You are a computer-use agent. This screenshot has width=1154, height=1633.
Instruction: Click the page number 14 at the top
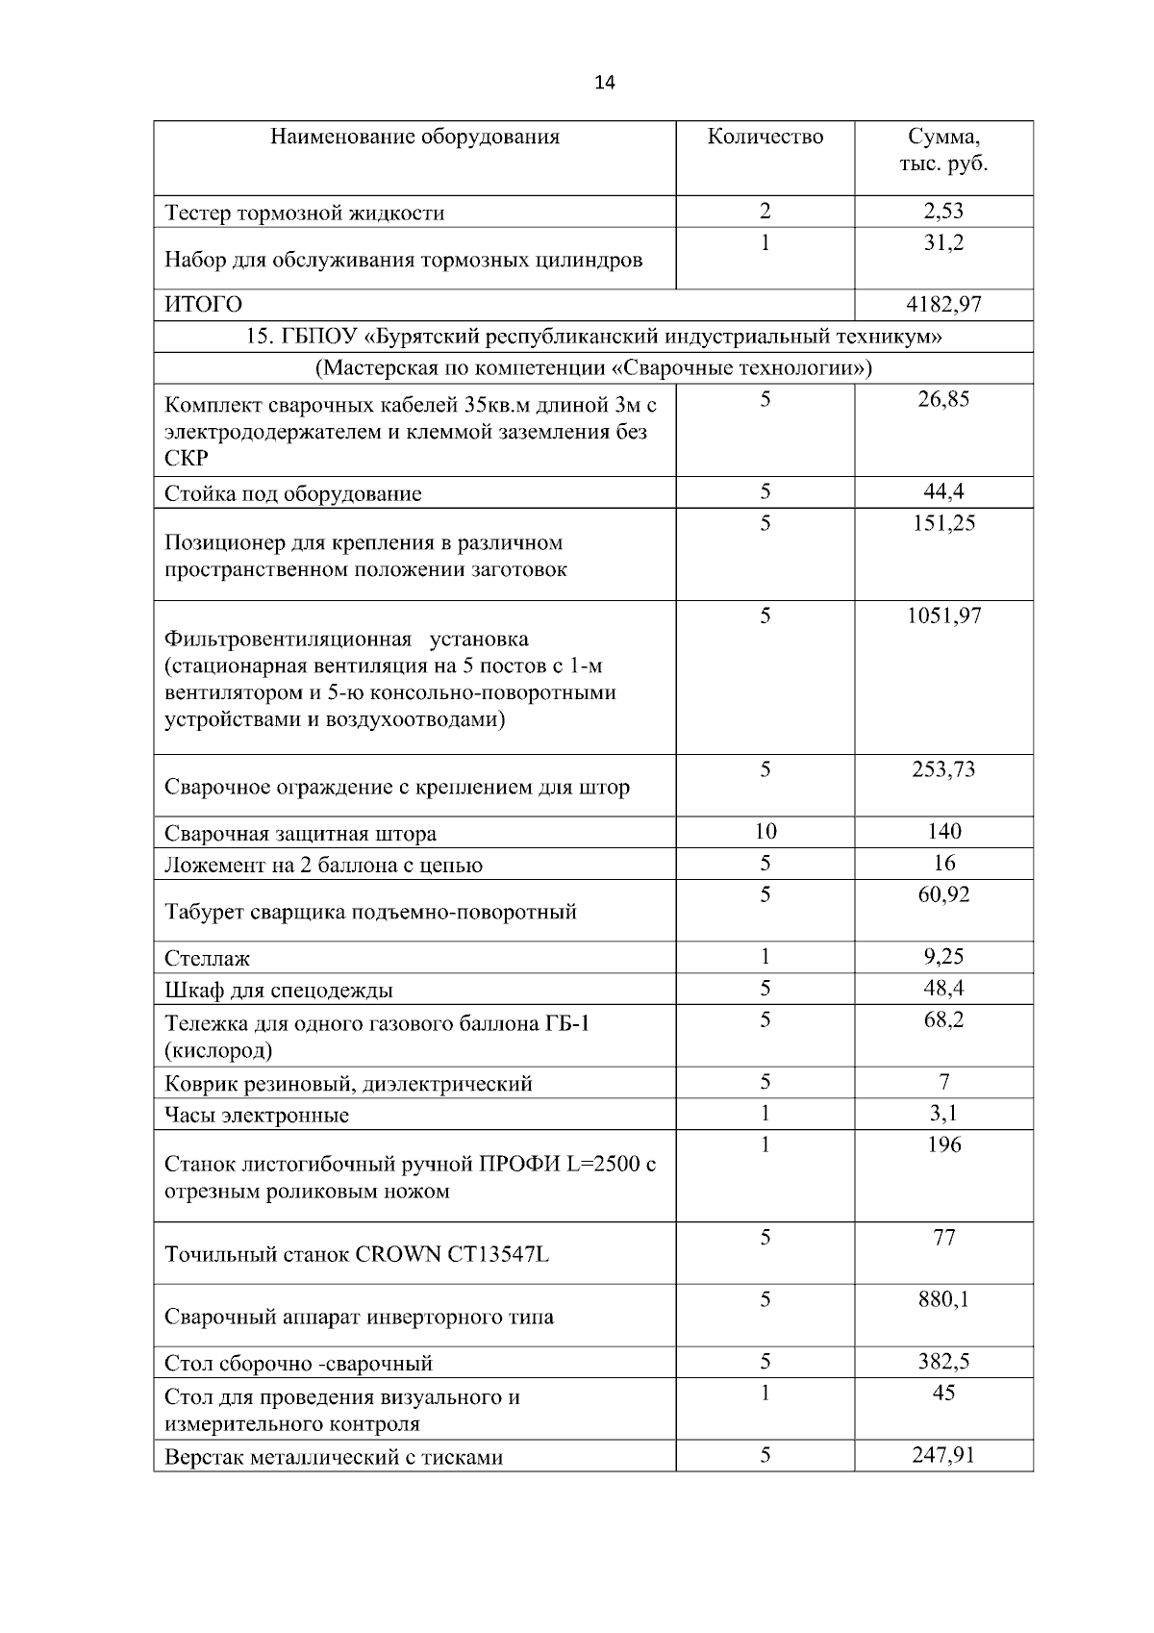click(x=605, y=82)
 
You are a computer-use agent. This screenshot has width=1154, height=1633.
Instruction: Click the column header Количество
click(x=765, y=137)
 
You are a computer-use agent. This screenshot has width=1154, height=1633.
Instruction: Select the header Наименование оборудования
click(x=414, y=137)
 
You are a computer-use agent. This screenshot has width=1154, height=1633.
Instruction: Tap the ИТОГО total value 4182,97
click(x=943, y=305)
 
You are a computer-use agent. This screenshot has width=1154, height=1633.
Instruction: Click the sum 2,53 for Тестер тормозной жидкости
click(x=943, y=212)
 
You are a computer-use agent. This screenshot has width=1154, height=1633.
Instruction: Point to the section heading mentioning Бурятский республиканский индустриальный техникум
click(x=593, y=337)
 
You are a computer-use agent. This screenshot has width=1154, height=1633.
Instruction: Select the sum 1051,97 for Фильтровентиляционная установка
click(x=943, y=616)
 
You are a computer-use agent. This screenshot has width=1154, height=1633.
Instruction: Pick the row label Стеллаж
click(x=207, y=958)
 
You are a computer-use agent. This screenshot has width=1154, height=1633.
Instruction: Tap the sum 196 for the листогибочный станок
click(x=943, y=1144)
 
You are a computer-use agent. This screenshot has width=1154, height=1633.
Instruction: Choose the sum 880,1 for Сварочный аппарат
click(x=943, y=1300)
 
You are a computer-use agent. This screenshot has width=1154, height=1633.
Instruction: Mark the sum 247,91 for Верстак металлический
click(x=943, y=1455)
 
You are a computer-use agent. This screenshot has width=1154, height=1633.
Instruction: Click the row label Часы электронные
click(x=257, y=1116)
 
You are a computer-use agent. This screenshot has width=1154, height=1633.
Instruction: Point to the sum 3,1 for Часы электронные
click(x=943, y=1114)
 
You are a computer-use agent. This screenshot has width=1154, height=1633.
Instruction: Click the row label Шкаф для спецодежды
click(x=279, y=990)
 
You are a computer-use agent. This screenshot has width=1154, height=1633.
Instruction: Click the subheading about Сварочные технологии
click(x=593, y=368)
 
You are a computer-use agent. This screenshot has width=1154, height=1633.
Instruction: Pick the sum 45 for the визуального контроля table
click(x=943, y=1394)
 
